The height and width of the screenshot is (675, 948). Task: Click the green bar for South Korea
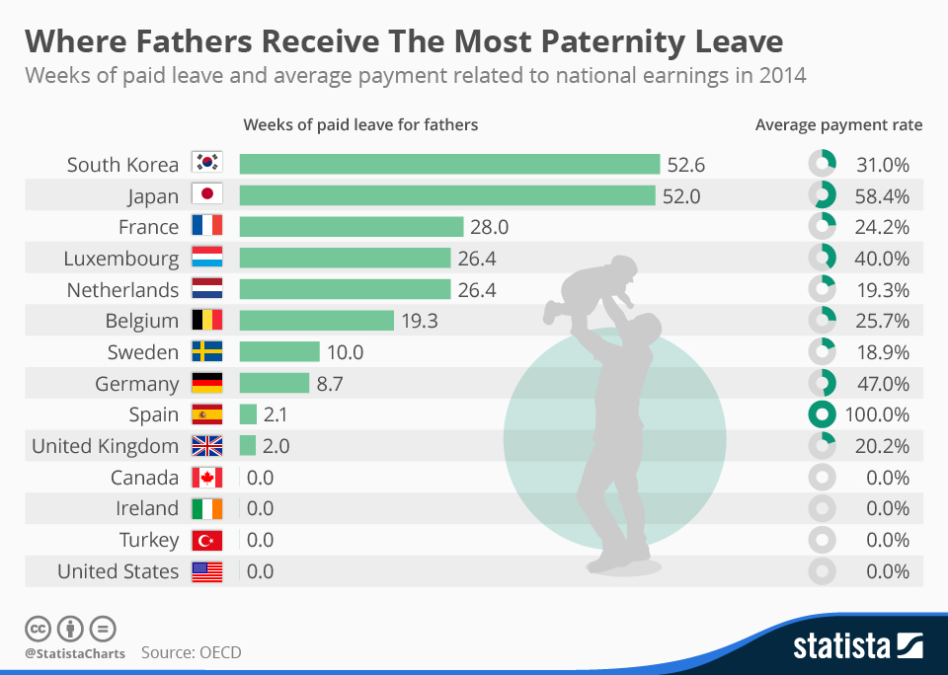click(x=449, y=164)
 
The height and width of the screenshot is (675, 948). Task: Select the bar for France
click(x=351, y=227)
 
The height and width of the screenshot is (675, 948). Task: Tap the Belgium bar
click(x=316, y=321)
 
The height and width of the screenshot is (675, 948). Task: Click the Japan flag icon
click(x=207, y=195)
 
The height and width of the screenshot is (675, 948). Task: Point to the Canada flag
click(x=207, y=478)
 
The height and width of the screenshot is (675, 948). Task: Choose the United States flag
click(x=207, y=571)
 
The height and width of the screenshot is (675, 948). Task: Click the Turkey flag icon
click(x=207, y=540)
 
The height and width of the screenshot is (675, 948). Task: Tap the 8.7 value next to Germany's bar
click(x=329, y=384)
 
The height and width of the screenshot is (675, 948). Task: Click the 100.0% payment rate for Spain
click(x=878, y=414)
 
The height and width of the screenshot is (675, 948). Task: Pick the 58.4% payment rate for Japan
click(x=882, y=195)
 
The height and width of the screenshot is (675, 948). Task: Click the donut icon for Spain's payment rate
click(x=822, y=414)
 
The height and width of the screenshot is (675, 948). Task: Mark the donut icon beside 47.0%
click(x=822, y=383)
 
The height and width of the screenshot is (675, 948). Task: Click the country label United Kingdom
click(x=105, y=446)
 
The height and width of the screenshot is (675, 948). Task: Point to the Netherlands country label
click(x=122, y=290)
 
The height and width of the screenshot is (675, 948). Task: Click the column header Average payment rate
click(x=838, y=125)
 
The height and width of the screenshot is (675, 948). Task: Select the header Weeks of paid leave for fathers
click(x=360, y=125)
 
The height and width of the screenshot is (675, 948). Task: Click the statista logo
click(x=857, y=646)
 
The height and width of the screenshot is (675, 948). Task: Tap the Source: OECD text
click(x=191, y=652)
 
